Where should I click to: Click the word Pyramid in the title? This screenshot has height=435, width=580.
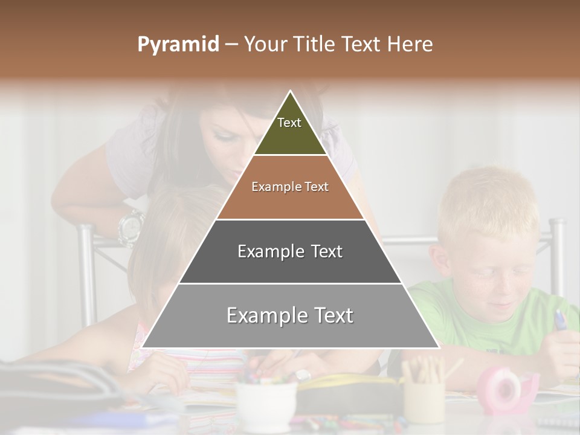[x=178, y=45]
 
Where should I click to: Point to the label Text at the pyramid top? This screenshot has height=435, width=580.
[x=289, y=123]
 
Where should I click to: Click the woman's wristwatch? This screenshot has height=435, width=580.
[x=130, y=227]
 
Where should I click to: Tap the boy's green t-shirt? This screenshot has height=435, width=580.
[x=459, y=314]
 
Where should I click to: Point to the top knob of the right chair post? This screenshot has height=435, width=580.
[x=557, y=224]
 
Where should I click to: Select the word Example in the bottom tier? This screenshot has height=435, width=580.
[x=263, y=315]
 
